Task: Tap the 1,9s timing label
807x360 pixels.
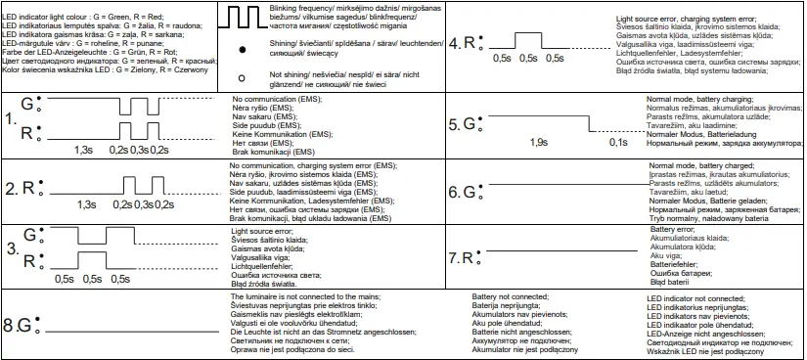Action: click(x=537, y=143)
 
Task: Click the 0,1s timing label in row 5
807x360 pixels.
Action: click(x=617, y=143)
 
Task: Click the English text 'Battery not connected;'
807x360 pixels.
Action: click(x=509, y=294)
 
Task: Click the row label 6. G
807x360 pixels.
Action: click(x=465, y=192)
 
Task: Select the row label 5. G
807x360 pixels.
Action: click(x=465, y=124)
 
